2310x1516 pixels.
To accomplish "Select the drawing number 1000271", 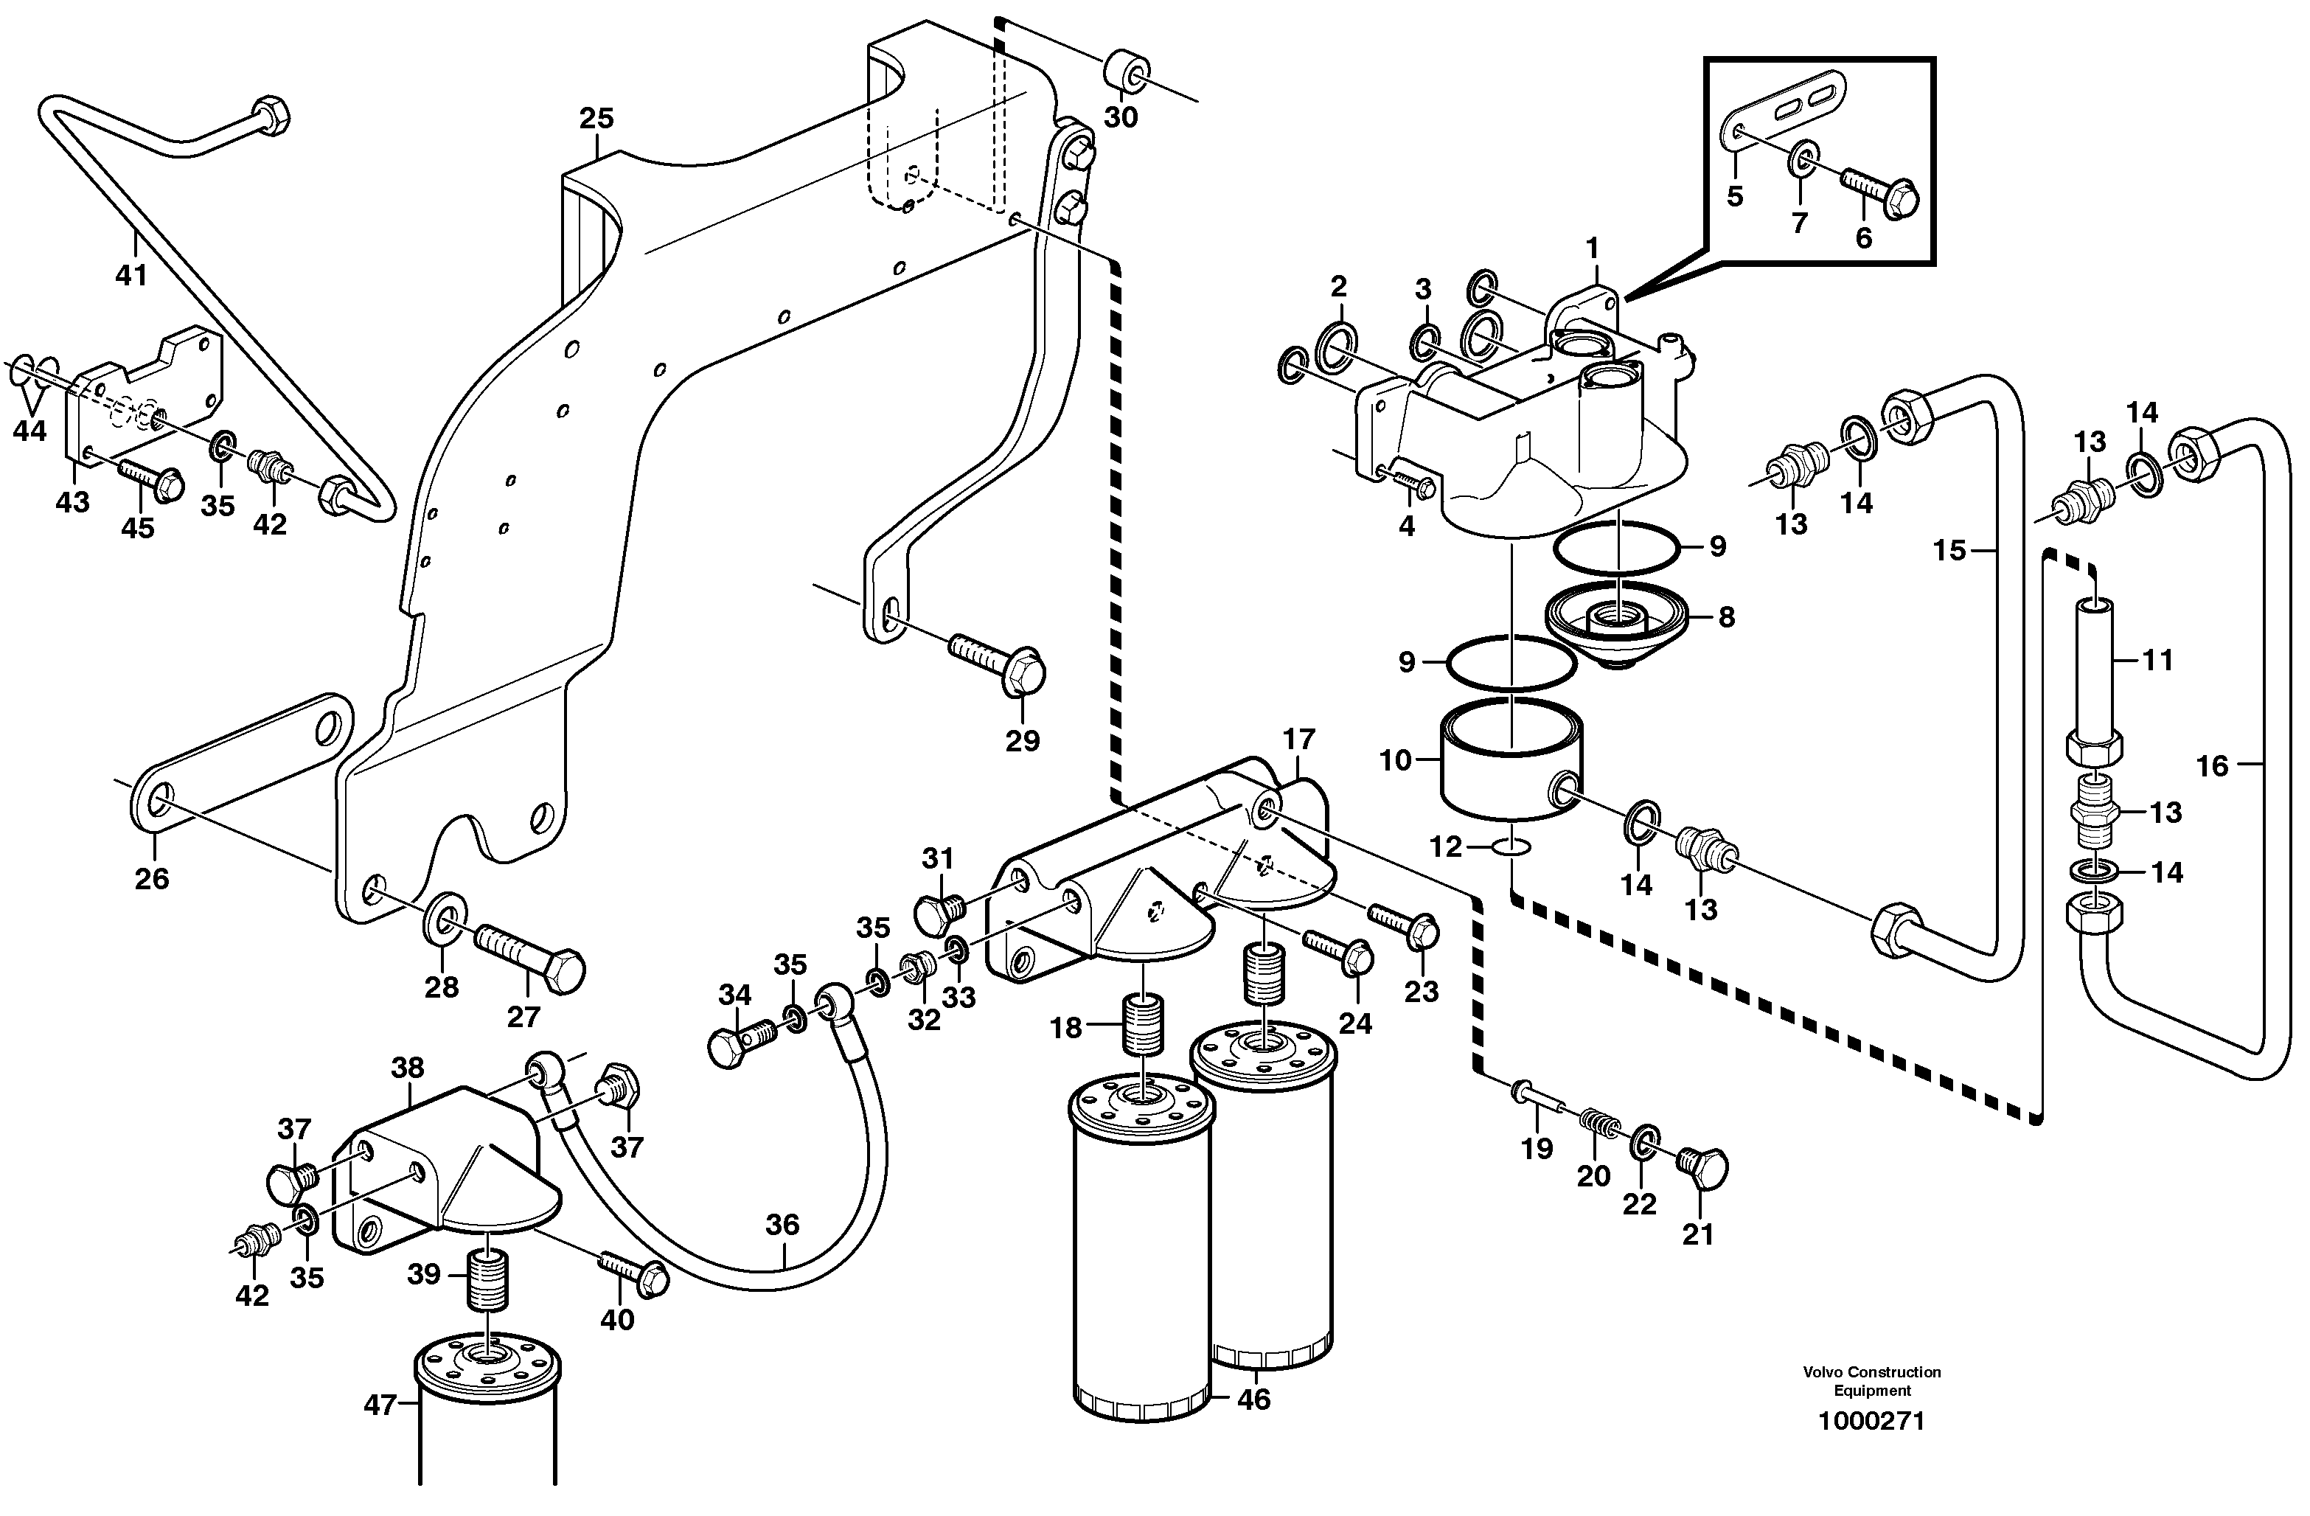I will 1871,1422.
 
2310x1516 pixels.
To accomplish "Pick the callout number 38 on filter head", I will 407,1068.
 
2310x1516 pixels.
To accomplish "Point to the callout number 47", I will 380,1405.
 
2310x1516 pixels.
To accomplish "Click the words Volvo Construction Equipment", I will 1871,1380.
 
